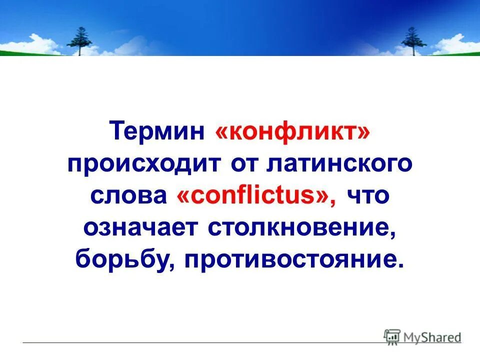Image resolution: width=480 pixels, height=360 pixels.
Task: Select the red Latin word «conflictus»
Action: (x=254, y=196)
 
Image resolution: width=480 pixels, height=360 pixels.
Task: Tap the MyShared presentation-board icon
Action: (x=392, y=336)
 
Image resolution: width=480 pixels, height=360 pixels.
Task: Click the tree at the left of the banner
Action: (x=79, y=39)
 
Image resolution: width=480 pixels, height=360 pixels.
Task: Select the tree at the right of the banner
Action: (x=413, y=39)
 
